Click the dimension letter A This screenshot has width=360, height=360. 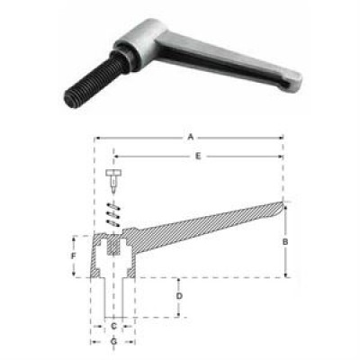click(190, 138)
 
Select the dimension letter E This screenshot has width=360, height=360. click(198, 156)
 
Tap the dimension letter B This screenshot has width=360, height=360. click(285, 241)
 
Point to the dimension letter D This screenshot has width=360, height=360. click(179, 296)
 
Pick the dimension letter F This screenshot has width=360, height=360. click(73, 256)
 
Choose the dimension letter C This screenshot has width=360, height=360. click(113, 326)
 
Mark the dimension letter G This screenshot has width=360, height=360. click(113, 341)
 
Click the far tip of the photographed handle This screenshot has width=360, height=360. click(295, 78)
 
